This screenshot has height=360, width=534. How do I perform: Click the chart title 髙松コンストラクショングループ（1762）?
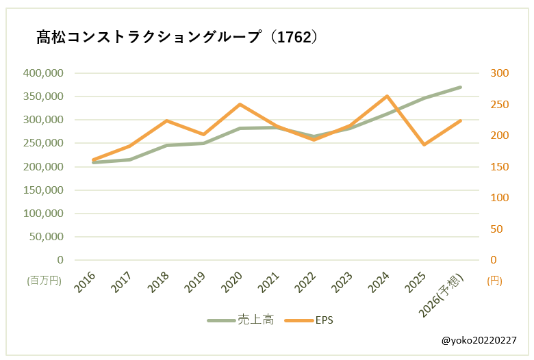click(177, 37)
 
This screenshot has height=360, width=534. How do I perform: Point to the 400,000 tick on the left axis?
click(43, 73)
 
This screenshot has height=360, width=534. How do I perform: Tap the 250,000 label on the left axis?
click(43, 143)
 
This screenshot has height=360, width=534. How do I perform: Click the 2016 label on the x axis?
click(86, 282)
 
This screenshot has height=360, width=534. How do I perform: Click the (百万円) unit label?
click(44, 281)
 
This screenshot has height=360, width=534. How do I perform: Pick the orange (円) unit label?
click(494, 281)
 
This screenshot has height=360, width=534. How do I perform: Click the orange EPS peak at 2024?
click(387, 97)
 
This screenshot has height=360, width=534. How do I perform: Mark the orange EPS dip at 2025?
click(424, 144)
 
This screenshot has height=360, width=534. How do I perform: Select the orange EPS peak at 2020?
click(240, 105)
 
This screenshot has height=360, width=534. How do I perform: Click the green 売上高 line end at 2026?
click(461, 87)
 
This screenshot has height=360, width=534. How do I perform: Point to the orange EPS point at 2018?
click(166, 120)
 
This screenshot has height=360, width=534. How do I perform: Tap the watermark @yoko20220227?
click(479, 340)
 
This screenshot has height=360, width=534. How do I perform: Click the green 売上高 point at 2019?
click(203, 143)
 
